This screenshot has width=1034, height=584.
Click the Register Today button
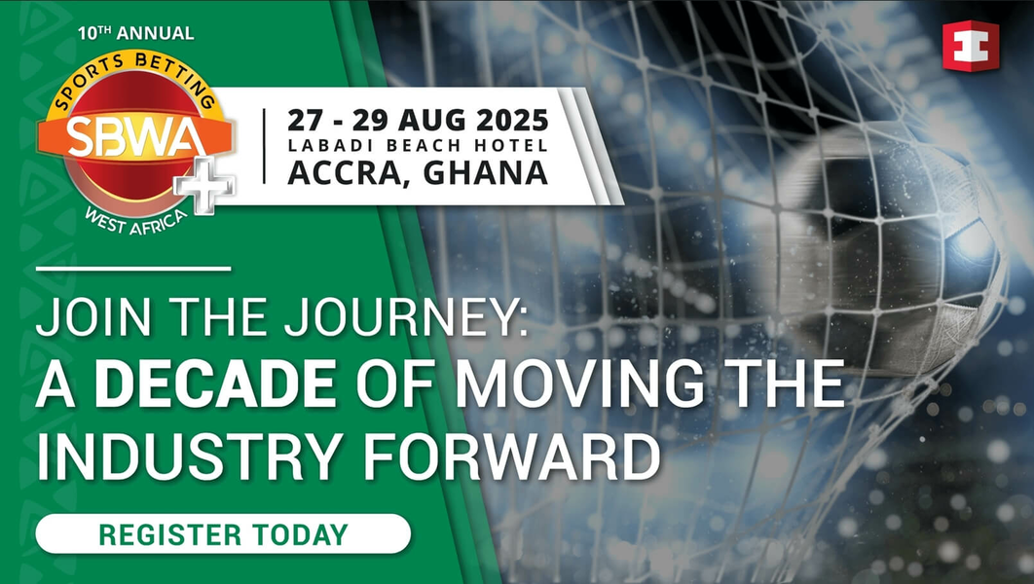point(223,533)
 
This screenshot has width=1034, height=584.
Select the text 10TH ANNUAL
point(135,33)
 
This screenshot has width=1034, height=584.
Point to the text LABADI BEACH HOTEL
point(418,146)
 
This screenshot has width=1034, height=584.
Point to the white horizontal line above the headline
point(133,268)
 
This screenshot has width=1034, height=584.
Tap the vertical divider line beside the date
point(265,146)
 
